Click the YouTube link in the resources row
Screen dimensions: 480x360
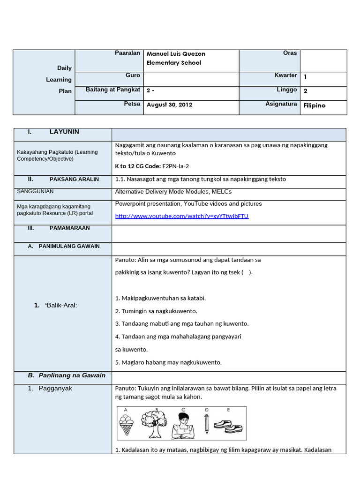click(181, 216)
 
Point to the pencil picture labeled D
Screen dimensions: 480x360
click(206, 424)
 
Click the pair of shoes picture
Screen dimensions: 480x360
click(228, 426)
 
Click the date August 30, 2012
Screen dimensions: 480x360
click(169, 105)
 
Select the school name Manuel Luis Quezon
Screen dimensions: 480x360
click(176, 53)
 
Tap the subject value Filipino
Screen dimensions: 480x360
click(315, 105)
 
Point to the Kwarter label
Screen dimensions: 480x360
click(285, 75)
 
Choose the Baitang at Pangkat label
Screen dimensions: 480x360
click(113, 90)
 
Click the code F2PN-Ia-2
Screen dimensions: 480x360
click(175, 166)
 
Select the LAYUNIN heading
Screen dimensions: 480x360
click(64, 132)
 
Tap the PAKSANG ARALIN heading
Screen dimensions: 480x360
click(74, 180)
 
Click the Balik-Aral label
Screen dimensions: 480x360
click(62, 305)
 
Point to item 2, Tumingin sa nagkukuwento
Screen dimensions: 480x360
click(156, 311)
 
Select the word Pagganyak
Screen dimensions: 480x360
click(56, 389)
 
